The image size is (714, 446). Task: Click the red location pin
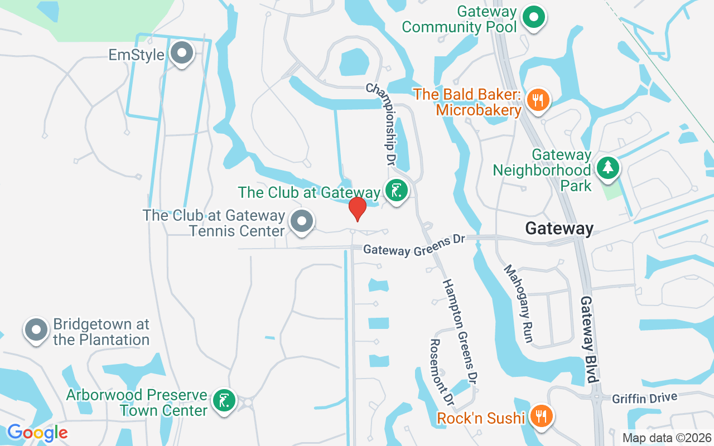click(357, 209)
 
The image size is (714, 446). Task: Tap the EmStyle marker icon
click(181, 54)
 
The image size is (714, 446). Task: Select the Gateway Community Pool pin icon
click(534, 17)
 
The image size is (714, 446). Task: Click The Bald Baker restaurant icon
click(538, 100)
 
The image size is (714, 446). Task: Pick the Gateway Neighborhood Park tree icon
click(607, 168)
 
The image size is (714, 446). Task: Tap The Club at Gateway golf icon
click(396, 191)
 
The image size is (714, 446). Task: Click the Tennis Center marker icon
click(302, 221)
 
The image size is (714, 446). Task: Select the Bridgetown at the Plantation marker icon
click(36, 329)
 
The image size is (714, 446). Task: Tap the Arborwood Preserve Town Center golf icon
click(224, 400)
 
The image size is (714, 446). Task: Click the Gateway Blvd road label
click(590, 339)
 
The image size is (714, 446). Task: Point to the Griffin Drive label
click(644, 398)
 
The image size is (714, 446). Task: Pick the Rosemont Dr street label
click(442, 372)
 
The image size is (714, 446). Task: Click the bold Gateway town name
click(559, 228)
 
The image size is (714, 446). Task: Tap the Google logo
click(37, 433)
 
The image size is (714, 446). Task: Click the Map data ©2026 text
click(667, 438)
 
